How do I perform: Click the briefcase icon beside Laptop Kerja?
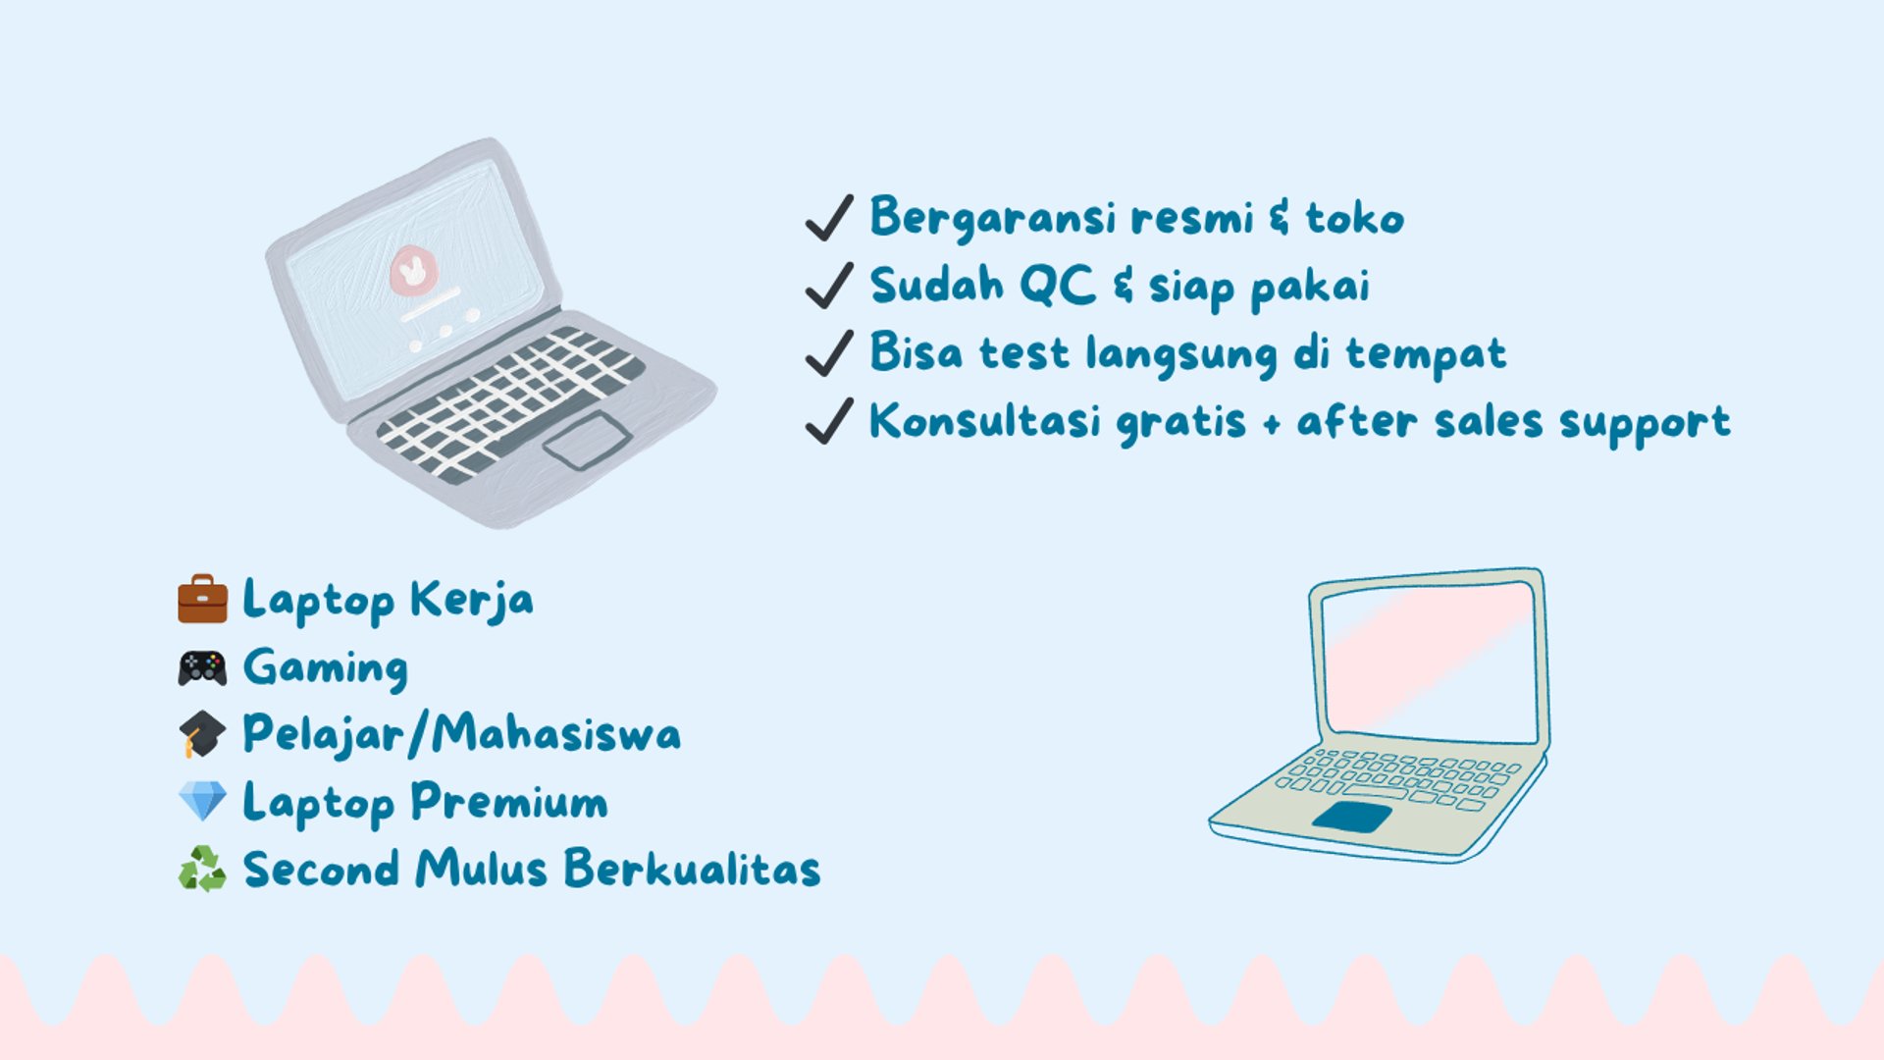coord(202,599)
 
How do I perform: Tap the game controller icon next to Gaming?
coord(202,668)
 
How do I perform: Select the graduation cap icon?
coord(202,734)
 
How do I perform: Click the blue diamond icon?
coord(202,801)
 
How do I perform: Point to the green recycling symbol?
coord(202,869)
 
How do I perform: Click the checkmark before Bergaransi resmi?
coord(829,217)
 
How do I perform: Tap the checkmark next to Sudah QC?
coord(829,285)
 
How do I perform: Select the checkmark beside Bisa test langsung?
coord(829,352)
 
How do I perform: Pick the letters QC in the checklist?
coord(1057,286)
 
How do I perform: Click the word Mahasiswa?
coord(555,733)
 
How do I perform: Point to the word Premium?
coord(509,802)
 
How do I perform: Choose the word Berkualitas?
coord(692,868)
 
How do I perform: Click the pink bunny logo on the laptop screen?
coord(413,270)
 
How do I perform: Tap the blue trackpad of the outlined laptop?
coord(1352,817)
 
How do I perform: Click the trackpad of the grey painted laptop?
coord(587,440)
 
